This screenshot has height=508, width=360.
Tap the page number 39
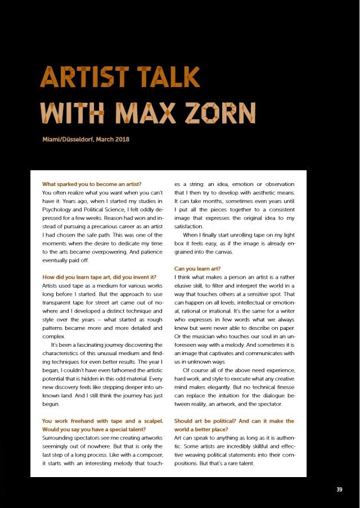coord(339,489)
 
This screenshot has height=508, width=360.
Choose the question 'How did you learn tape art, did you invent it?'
coord(99,277)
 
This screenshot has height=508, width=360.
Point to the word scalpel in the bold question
coord(150,421)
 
